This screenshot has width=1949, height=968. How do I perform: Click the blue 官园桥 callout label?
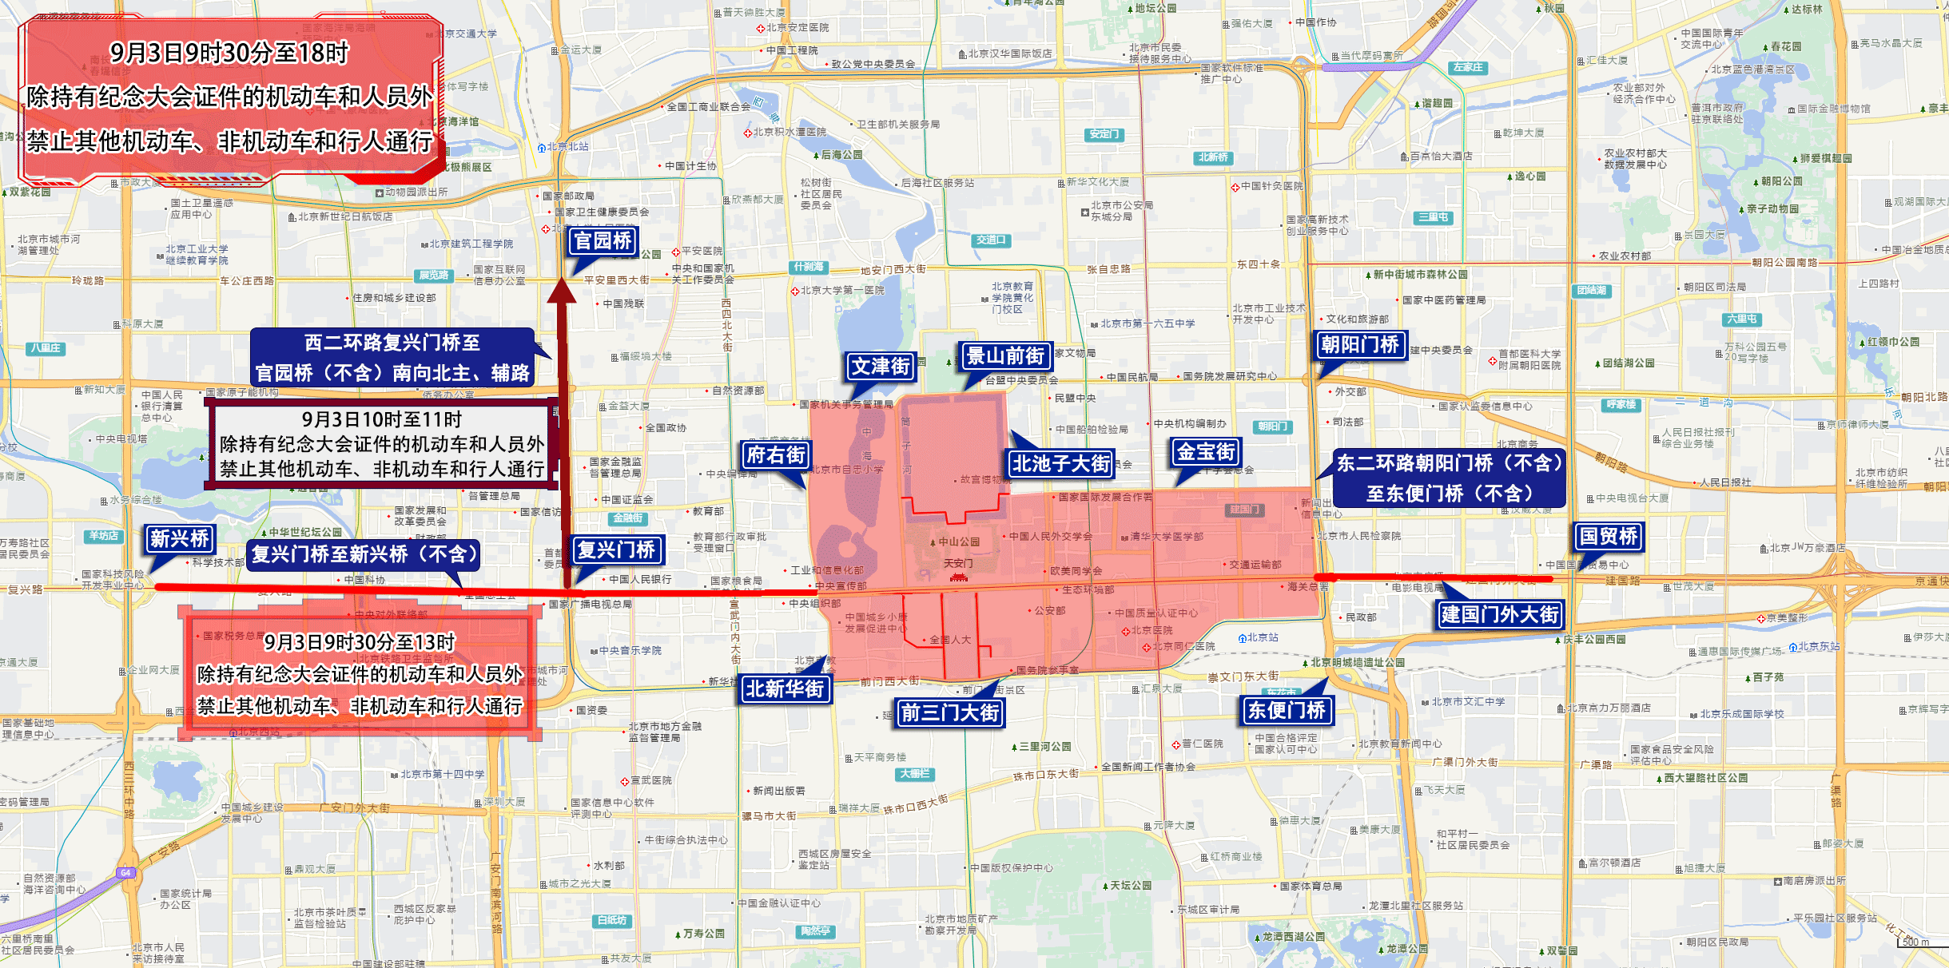click(x=603, y=240)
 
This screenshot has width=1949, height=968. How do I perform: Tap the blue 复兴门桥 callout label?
click(x=617, y=549)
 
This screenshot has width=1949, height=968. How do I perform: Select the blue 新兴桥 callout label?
click(x=180, y=539)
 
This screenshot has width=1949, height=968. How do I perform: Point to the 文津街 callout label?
click(x=881, y=367)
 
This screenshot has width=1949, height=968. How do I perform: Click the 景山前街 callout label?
click(x=1005, y=356)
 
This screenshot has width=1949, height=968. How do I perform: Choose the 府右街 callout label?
click(x=775, y=455)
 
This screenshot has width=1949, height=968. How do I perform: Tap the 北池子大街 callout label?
click(x=1061, y=463)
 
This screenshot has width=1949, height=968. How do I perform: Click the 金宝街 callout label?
click(x=1207, y=452)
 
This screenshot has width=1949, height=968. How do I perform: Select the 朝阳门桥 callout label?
click(x=1360, y=345)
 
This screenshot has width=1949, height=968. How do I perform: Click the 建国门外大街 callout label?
click(x=1500, y=614)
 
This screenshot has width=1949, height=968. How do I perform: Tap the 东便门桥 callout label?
click(x=1287, y=710)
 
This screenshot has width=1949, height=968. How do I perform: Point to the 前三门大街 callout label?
click(x=950, y=712)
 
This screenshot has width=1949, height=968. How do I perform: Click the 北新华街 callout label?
click(x=785, y=688)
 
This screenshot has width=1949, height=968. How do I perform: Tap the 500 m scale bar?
click(x=1915, y=942)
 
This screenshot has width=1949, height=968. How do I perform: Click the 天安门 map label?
click(x=958, y=564)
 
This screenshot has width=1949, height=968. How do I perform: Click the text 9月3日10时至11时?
click(x=382, y=419)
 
